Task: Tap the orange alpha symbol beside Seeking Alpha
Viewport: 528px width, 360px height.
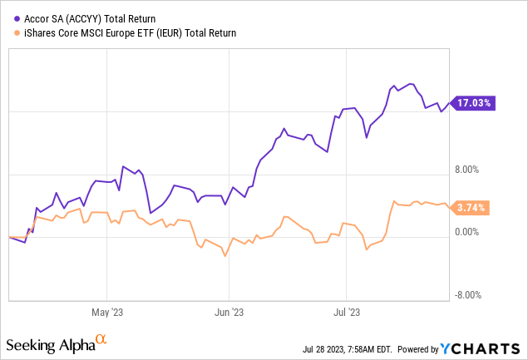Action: [x=101, y=339]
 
